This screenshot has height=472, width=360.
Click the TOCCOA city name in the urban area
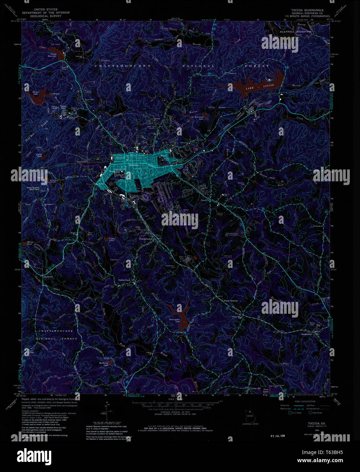click(x=134, y=165)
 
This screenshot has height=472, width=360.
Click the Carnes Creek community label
click(x=124, y=280)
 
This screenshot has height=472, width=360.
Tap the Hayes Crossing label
click(x=230, y=301)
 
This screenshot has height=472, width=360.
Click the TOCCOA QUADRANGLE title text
click(x=307, y=10)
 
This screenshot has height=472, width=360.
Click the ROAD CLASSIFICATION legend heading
click(x=299, y=401)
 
